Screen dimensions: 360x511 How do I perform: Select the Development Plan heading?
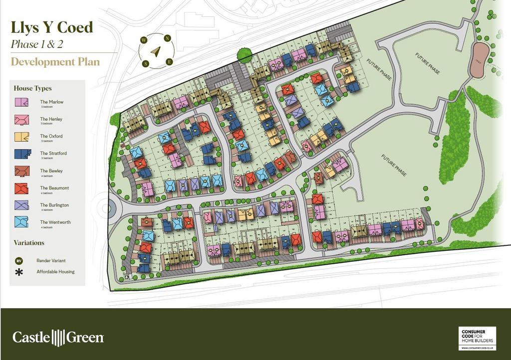click(55, 62)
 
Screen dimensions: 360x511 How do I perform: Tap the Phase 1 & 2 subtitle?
click(37, 44)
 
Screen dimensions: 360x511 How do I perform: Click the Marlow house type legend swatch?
click(21, 103)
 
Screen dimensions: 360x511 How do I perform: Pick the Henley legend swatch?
click(21, 120)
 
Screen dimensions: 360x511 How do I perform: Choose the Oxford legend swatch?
click(21, 137)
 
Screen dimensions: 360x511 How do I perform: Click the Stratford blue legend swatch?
click(21, 154)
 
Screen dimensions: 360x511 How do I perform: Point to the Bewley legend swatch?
click(21, 171)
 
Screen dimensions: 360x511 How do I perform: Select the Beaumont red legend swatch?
click(21, 188)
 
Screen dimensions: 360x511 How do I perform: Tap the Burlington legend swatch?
click(21, 205)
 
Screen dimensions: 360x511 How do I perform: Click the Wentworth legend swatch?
click(21, 222)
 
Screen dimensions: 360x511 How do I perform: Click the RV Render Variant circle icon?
click(19, 261)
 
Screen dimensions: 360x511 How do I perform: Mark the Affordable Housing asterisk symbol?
click(19, 272)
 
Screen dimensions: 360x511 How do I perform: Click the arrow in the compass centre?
click(156, 51)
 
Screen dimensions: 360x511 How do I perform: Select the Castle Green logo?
click(58, 338)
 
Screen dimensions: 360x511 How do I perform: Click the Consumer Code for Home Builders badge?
click(477, 338)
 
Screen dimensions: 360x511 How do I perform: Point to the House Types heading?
click(32, 88)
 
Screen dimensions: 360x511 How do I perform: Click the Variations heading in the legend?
click(29, 243)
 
